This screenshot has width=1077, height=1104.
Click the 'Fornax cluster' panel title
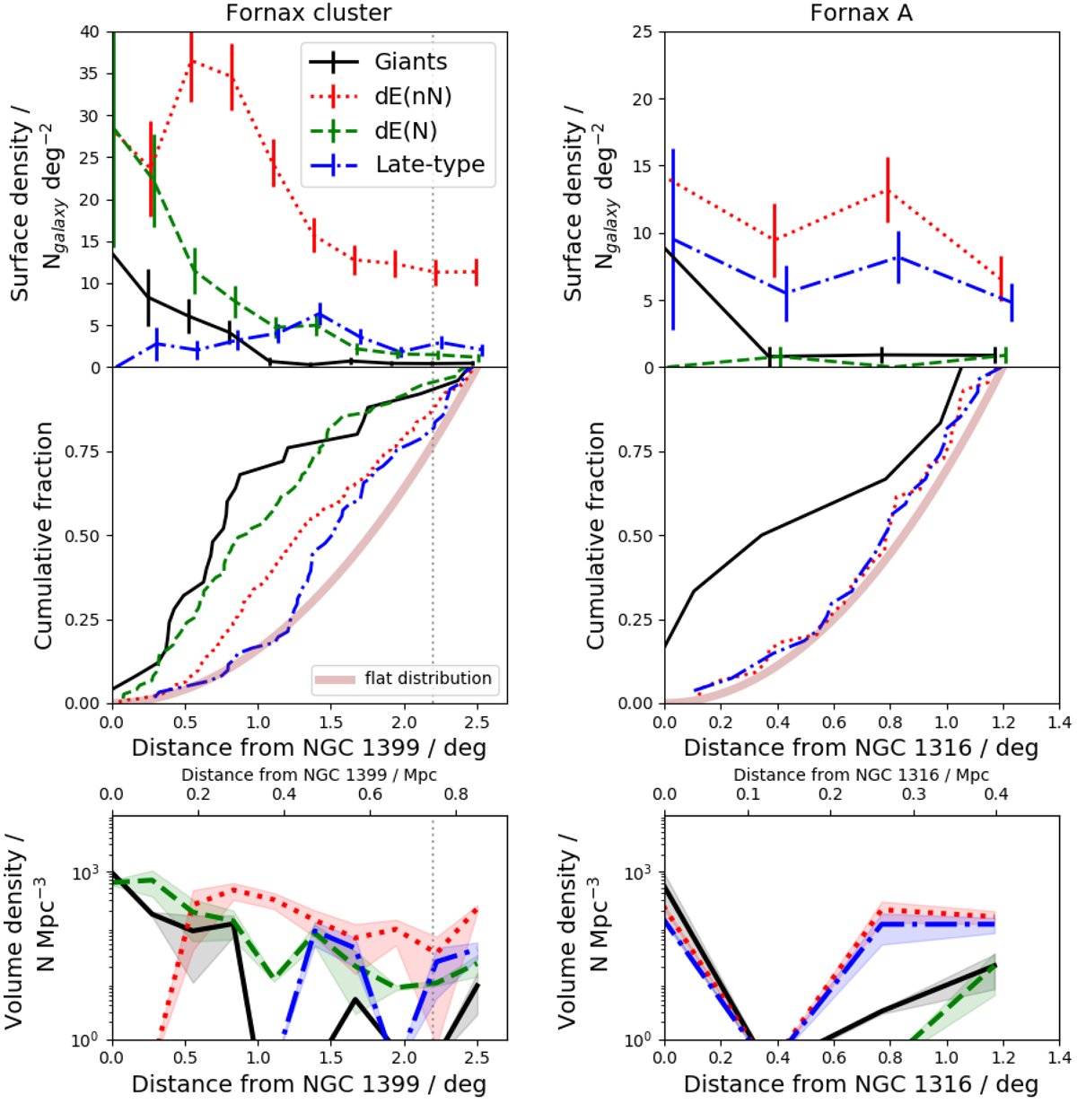308,13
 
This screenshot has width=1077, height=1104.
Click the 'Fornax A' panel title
861,13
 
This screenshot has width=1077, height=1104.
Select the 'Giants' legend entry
410,62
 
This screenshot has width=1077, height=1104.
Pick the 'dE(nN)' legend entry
413,96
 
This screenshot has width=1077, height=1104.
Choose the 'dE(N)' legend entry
407,131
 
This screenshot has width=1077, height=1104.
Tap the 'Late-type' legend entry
430,165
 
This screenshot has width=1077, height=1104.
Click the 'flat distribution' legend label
428,679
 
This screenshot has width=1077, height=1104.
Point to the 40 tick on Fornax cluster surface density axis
90,31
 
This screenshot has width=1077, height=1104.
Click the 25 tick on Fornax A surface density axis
643,31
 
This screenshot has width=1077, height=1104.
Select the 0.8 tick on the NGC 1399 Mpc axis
456,794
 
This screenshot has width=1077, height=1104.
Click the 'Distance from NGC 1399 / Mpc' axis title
309,775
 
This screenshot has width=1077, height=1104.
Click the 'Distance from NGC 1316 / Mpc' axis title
861,775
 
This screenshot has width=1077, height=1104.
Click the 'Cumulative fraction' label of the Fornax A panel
595,536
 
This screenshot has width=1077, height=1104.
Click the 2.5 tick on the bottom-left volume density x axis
477,1059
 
